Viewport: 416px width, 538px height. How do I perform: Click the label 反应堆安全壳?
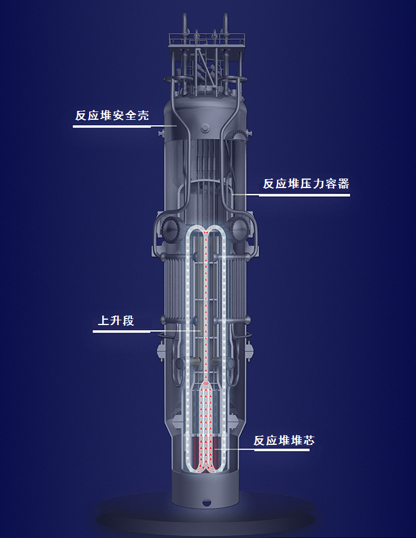click(111, 115)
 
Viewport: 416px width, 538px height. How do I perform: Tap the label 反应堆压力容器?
click(306, 184)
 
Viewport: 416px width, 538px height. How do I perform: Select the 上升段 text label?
click(116, 321)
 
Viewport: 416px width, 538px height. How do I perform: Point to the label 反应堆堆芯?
click(283, 440)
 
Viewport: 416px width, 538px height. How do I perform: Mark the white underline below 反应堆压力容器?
click(304, 195)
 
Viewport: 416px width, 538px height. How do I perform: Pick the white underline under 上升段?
click(122, 331)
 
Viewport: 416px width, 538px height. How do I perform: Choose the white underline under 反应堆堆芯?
click(282, 450)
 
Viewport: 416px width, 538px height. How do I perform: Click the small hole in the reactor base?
click(206, 504)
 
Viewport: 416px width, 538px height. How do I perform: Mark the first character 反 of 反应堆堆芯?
click(259, 440)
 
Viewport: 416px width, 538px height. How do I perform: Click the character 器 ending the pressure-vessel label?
click(343, 184)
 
